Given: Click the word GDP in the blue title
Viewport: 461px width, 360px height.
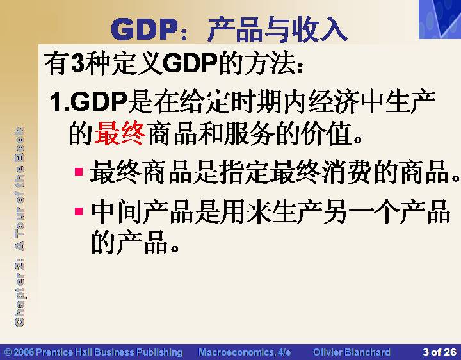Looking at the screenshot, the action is pyautogui.click(x=143, y=29).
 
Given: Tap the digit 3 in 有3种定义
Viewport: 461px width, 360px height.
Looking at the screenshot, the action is pyautogui.click(x=77, y=63).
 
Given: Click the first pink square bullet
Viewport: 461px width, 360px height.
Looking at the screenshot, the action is pyautogui.click(x=79, y=172).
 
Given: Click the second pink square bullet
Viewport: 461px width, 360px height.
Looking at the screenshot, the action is pyautogui.click(x=79, y=211).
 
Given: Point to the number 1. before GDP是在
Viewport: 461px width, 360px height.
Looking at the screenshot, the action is pyautogui.click(x=59, y=101).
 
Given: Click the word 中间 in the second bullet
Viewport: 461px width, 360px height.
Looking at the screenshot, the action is pyautogui.click(x=116, y=212).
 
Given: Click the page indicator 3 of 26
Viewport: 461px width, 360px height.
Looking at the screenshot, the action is pyautogui.click(x=439, y=352).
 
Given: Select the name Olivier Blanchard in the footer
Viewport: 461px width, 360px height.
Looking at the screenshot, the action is pyautogui.click(x=352, y=352).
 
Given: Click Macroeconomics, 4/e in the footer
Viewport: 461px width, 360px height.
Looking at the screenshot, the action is pyautogui.click(x=245, y=352).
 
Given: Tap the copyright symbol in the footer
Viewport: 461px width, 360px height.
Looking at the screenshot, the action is pyautogui.click(x=8, y=352).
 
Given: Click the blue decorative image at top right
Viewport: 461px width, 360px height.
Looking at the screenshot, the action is pyautogui.click(x=440, y=19).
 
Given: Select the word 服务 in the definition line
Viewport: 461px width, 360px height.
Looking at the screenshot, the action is pyautogui.click(x=249, y=134).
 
